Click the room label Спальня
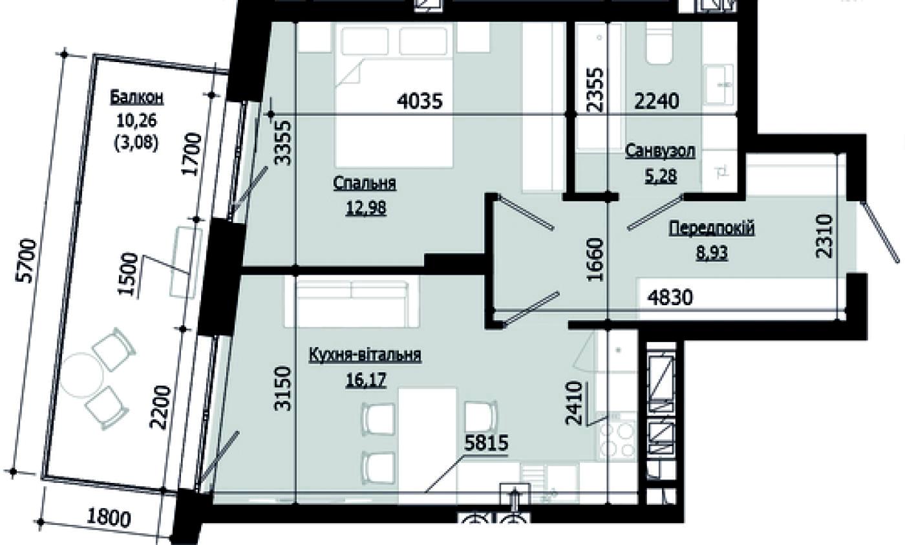click(x=365, y=184)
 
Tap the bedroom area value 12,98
click(x=366, y=208)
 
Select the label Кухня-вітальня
click(x=365, y=355)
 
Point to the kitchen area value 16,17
click(x=366, y=380)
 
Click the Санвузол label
click(x=660, y=151)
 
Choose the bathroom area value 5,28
click(x=661, y=176)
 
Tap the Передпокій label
click(x=712, y=228)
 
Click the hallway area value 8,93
click(x=712, y=253)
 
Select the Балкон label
click(x=137, y=98)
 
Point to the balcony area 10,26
click(x=137, y=120)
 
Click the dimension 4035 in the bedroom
click(x=420, y=101)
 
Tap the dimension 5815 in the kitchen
click(x=486, y=443)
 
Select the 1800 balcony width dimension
click(x=109, y=518)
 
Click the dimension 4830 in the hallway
click(x=670, y=298)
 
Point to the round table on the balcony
click(x=81, y=376)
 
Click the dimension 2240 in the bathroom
click(x=657, y=101)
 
